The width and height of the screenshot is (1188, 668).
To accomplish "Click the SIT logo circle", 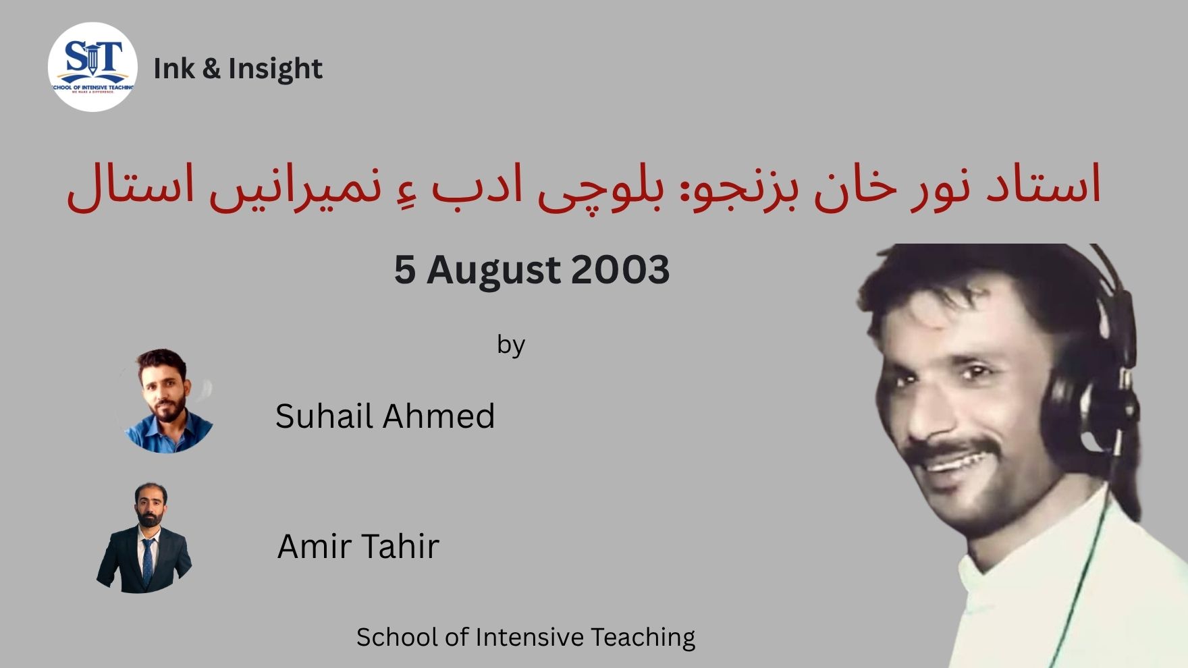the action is click(x=92, y=67).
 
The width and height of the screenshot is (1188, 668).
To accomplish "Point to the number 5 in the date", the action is click(x=404, y=269).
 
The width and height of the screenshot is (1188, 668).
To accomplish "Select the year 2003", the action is click(x=620, y=269).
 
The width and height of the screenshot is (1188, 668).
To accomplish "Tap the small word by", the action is click(x=511, y=345).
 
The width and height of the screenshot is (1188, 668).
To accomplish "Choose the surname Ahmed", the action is click(x=439, y=416).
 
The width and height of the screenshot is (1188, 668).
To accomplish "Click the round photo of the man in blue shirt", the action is click(x=166, y=401).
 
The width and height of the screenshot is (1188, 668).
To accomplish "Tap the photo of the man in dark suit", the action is click(x=144, y=538).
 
